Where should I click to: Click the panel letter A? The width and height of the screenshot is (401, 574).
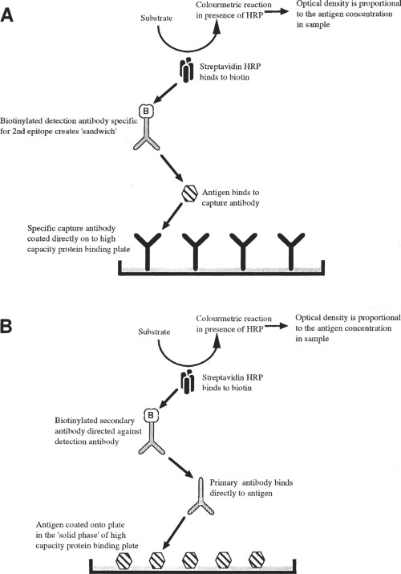point(6,16)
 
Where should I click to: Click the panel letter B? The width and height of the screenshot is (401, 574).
point(6,326)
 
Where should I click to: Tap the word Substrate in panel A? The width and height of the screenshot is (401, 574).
point(156,18)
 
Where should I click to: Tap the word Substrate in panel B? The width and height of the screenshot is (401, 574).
point(154,332)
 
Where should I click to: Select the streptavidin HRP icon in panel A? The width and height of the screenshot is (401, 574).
point(187,69)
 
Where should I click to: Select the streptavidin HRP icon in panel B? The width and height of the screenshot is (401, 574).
point(188,381)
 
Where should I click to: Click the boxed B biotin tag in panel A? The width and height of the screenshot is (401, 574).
point(146,111)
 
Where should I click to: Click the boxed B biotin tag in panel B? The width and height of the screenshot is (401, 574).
point(151,415)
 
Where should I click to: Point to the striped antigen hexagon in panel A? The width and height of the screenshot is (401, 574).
point(190,193)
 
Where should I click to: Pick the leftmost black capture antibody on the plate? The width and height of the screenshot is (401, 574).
point(148,252)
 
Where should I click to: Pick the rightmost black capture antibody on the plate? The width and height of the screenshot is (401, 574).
point(291,252)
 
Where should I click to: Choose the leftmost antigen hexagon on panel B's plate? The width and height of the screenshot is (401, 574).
point(124,560)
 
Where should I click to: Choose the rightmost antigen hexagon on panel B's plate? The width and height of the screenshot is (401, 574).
point(257,560)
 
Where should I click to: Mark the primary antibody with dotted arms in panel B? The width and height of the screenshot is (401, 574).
point(200,496)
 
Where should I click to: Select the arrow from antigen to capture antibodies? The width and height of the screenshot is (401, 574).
point(172,216)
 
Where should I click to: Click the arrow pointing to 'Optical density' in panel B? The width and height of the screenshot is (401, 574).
point(277,325)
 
